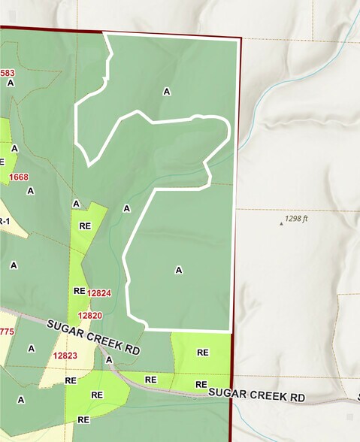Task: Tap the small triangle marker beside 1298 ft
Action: (x=282, y=223)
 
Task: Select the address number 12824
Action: (x=99, y=292)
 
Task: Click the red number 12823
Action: (x=66, y=356)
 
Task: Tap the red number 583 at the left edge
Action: (x=8, y=73)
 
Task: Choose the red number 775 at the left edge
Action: (x=7, y=331)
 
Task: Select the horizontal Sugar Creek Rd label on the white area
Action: (x=257, y=393)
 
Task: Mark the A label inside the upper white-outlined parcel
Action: (x=167, y=91)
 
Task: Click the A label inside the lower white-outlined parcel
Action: (x=179, y=269)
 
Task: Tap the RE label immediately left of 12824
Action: (x=80, y=290)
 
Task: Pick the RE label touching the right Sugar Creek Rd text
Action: (x=201, y=385)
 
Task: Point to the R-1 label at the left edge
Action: (x=4, y=220)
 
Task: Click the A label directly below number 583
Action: (x=11, y=83)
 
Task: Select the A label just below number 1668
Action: (x=31, y=191)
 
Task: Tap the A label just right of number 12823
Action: (x=108, y=360)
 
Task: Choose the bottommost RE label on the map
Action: (x=83, y=419)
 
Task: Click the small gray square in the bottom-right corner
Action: (x=349, y=416)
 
